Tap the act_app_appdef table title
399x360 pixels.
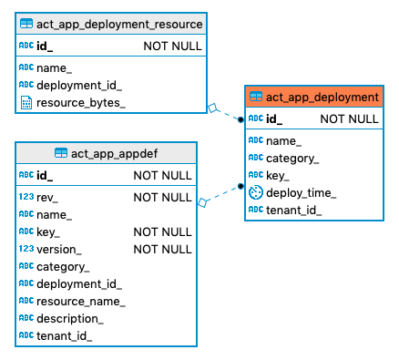click(114, 153)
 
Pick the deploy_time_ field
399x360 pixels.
click(301, 192)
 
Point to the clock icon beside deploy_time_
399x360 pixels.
click(255, 192)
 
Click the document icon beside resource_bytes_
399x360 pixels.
click(26, 102)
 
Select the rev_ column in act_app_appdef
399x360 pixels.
click(47, 197)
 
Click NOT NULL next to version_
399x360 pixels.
click(163, 249)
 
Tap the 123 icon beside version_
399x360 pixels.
click(26, 249)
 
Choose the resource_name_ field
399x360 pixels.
click(81, 302)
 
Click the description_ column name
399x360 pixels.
click(70, 319)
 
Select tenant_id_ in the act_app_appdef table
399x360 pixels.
click(65, 336)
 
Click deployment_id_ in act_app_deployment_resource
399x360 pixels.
click(79, 85)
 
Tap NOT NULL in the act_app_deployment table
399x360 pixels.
click(349, 118)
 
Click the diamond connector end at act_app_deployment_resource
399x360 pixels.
click(213, 108)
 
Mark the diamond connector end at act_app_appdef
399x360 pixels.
click(203, 202)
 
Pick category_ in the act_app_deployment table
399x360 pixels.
click(292, 159)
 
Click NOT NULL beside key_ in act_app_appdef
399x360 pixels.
click(163, 231)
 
